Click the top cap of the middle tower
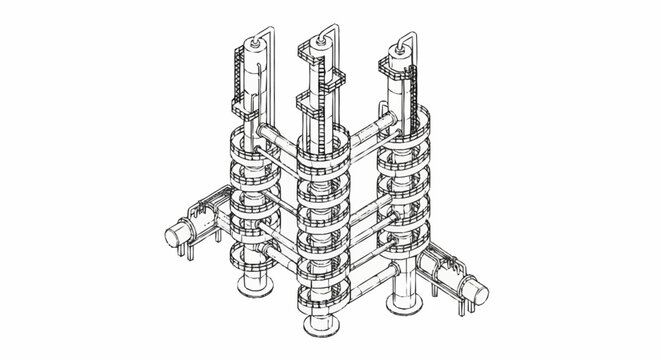point(322,44)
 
